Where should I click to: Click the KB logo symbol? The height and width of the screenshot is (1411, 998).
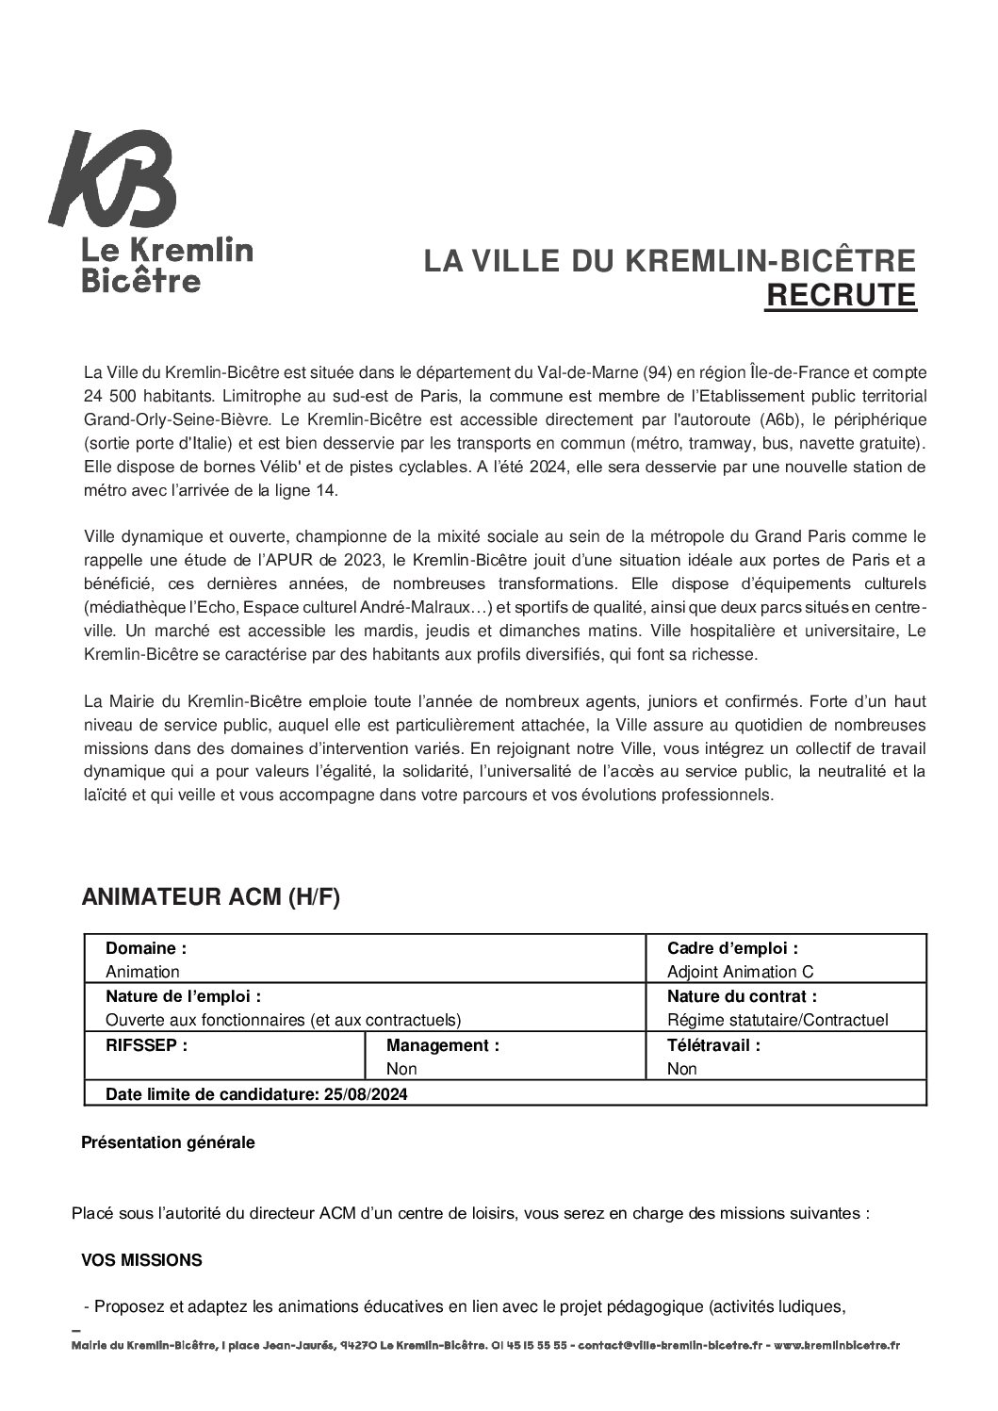click(113, 179)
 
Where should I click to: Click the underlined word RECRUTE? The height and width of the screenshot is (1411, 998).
click(840, 295)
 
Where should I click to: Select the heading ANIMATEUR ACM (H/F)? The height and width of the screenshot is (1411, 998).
click(210, 897)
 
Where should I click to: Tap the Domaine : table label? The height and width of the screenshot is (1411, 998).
click(145, 948)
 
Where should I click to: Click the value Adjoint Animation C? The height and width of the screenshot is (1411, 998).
click(740, 972)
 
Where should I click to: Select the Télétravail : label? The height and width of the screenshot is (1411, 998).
click(712, 1045)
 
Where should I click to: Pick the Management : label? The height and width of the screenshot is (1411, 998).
click(442, 1045)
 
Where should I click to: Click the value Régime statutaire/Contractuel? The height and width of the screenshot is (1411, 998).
click(777, 1020)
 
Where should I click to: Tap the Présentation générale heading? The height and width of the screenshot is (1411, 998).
click(168, 1142)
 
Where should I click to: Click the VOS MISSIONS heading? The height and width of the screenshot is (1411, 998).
click(141, 1260)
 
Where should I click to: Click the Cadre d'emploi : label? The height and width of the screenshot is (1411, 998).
click(732, 948)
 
